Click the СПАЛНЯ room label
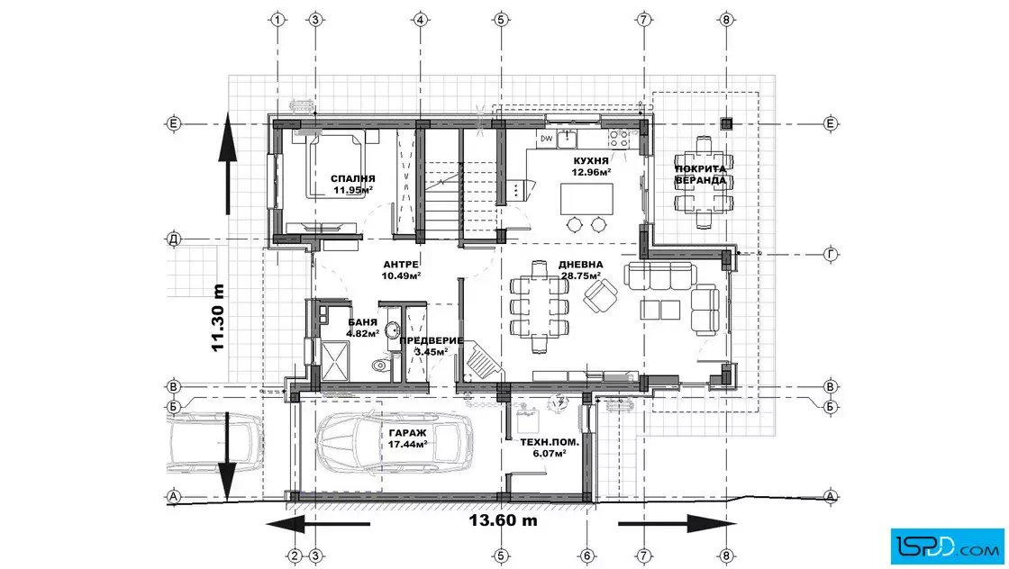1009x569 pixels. [x=352, y=179]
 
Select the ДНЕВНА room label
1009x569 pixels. [x=580, y=265]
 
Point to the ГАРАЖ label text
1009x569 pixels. [x=407, y=433]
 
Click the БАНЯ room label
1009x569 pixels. [x=363, y=322]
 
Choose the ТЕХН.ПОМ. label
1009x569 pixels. [x=550, y=442]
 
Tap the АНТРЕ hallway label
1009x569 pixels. [x=401, y=265]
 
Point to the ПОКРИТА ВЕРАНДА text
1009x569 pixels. [x=701, y=175]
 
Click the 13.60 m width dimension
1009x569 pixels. [x=503, y=520]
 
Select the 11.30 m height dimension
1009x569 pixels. [x=217, y=318]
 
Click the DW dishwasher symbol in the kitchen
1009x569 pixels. [x=546, y=139]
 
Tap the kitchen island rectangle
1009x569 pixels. [x=586, y=199]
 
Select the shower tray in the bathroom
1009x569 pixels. [x=334, y=361]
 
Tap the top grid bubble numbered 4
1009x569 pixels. [x=420, y=20]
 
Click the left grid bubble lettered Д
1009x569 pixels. [x=173, y=239]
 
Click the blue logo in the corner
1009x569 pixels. [x=947, y=546]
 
